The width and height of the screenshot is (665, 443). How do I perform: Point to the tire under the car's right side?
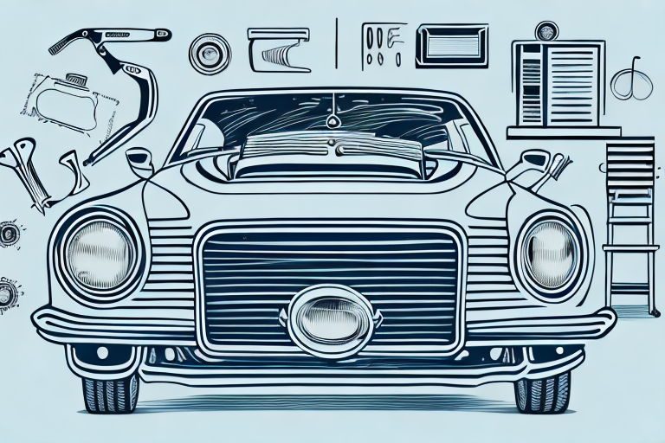pyautogui.click(x=542, y=391)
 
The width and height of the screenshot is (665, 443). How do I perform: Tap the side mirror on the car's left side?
pyautogui.click(x=139, y=161)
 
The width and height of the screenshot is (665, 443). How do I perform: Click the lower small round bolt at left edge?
pyautogui.click(x=9, y=293)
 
